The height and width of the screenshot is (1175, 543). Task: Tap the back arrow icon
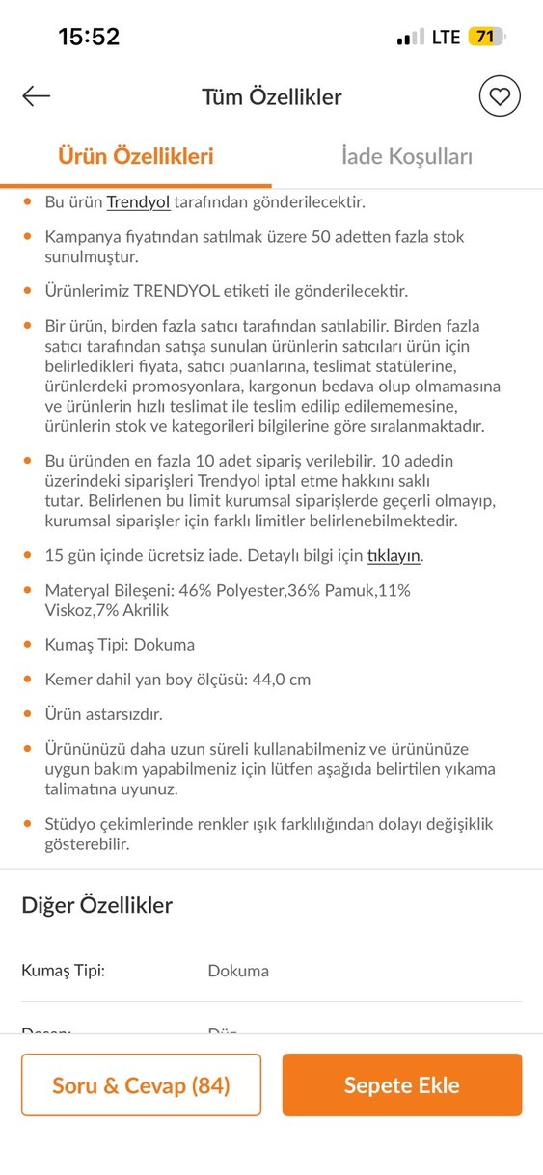(x=37, y=96)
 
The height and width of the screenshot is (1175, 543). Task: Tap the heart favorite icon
(x=500, y=96)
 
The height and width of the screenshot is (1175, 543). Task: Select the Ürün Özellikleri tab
(x=136, y=156)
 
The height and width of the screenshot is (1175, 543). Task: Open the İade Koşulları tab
(x=407, y=156)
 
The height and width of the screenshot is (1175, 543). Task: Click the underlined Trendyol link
(x=138, y=202)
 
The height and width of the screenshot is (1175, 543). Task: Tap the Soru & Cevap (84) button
(x=141, y=1085)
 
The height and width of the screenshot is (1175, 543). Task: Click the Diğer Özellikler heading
(x=96, y=905)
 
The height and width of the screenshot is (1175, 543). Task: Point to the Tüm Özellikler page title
(x=271, y=96)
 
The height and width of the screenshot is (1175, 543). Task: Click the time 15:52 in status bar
(x=89, y=38)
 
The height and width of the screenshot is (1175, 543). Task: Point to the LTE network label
(x=446, y=38)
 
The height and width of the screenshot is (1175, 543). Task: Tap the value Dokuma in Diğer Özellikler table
(x=238, y=971)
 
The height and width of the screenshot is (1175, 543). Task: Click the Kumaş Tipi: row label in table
(x=63, y=971)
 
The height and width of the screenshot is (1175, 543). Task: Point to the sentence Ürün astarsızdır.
(x=103, y=714)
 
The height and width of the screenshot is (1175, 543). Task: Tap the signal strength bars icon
(x=410, y=38)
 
